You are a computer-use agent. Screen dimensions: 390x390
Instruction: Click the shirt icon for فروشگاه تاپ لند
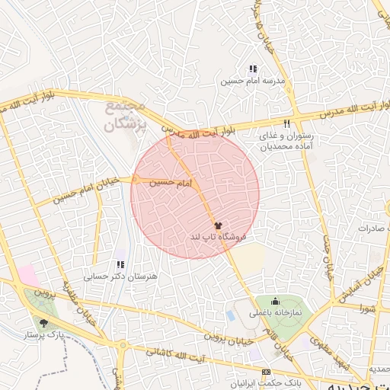(219, 226)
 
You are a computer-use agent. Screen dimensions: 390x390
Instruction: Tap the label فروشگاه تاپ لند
(219, 238)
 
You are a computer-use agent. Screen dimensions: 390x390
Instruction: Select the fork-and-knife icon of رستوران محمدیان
(287, 123)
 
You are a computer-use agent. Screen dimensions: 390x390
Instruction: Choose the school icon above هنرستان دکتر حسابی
(120, 265)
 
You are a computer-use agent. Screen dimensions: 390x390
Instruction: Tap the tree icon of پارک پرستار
(43, 322)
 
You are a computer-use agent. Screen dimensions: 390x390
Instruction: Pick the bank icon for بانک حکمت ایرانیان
(266, 372)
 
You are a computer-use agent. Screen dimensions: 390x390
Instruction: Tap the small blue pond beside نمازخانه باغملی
(231, 315)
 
